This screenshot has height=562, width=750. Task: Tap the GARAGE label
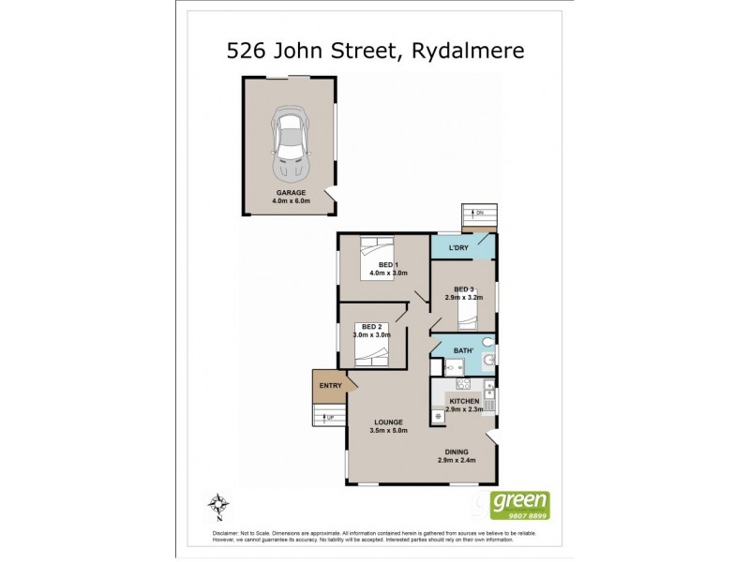(290, 192)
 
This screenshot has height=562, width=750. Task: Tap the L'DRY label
(459, 247)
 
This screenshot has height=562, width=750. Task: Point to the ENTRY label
(331, 385)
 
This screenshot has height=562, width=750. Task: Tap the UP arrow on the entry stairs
(328, 418)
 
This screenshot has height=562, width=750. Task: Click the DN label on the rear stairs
(478, 213)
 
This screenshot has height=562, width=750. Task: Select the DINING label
(456, 451)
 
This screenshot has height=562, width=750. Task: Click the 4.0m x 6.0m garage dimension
(291, 200)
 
